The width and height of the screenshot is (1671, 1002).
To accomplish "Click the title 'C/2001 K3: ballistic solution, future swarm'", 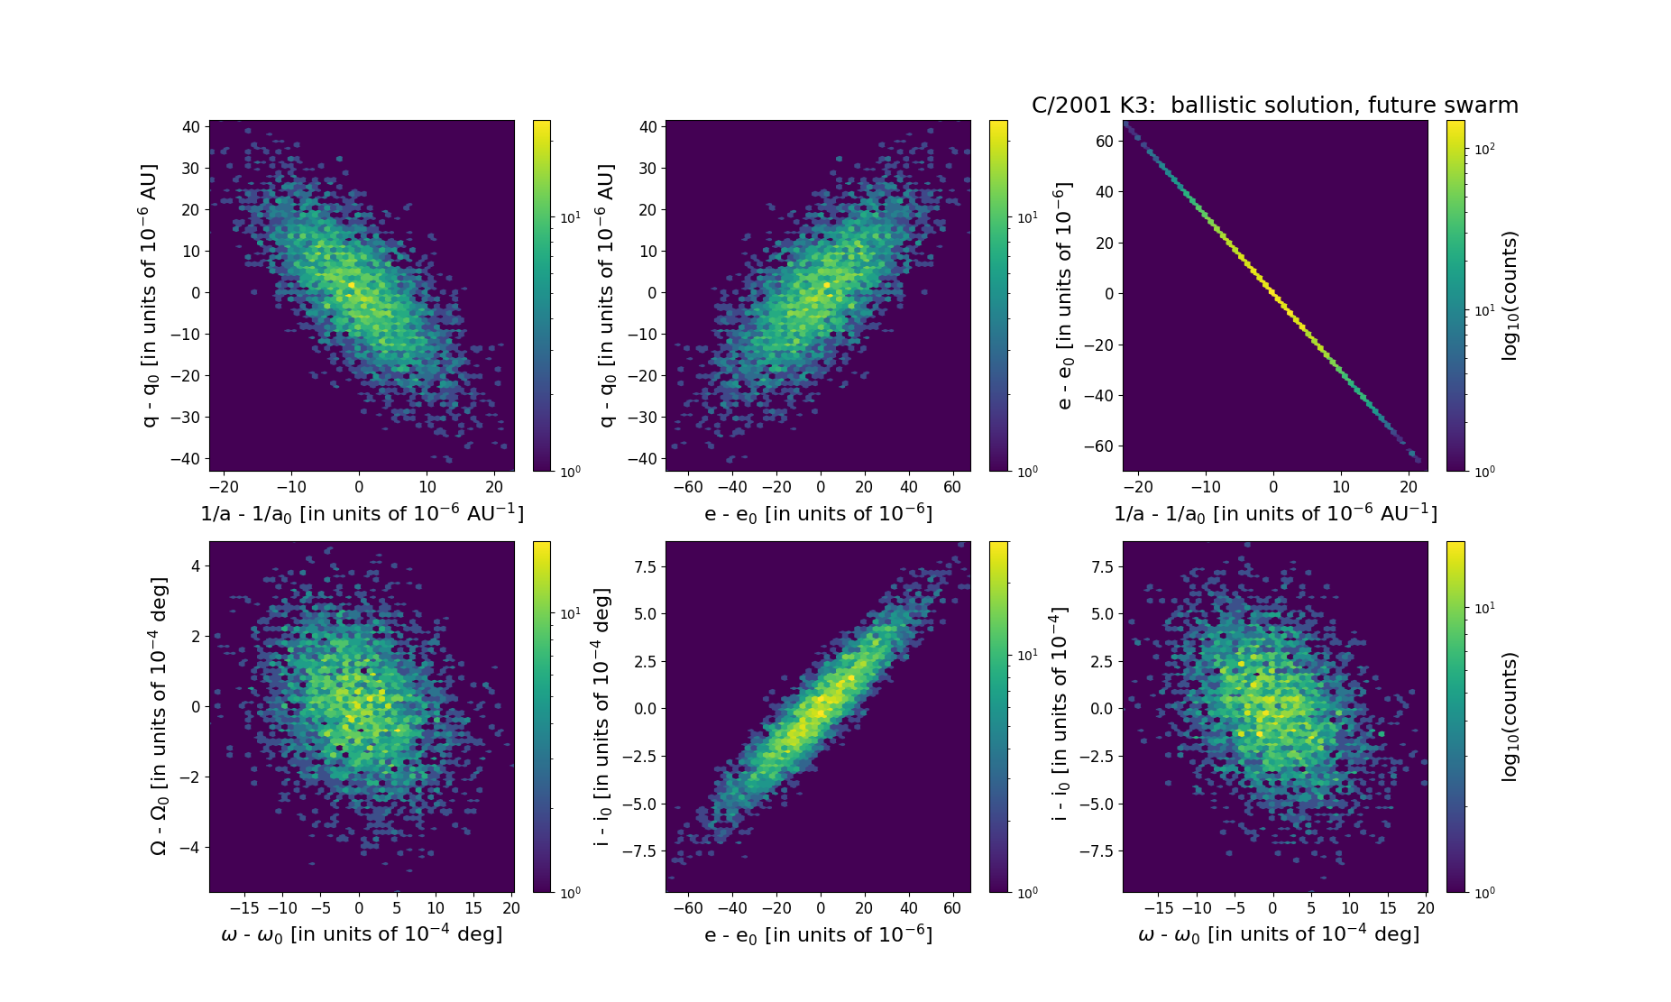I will coord(1274,106).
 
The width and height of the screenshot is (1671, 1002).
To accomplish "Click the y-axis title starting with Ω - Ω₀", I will coord(159,717).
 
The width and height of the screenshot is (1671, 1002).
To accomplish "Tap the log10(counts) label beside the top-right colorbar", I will coord(1510,296).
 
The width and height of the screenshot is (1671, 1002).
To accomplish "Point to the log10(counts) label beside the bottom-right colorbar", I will coord(1510,717).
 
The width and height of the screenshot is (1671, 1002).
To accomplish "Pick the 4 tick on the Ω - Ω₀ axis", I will coord(195,566).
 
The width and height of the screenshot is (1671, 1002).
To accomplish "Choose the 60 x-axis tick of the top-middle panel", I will coord(952,488).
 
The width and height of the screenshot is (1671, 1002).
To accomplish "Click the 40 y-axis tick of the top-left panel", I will coord(190,127).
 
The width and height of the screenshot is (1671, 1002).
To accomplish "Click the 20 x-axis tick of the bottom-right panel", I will coord(1425,908).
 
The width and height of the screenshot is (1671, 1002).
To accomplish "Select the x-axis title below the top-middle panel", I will coord(818,514).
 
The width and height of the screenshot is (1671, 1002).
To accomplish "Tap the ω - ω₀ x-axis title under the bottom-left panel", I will coord(362,934).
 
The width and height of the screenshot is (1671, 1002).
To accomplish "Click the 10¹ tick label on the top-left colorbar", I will coord(570,217).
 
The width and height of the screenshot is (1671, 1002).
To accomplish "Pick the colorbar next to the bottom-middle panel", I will coord(998,717).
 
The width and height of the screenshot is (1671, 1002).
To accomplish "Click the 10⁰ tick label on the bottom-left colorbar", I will coord(570,892).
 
